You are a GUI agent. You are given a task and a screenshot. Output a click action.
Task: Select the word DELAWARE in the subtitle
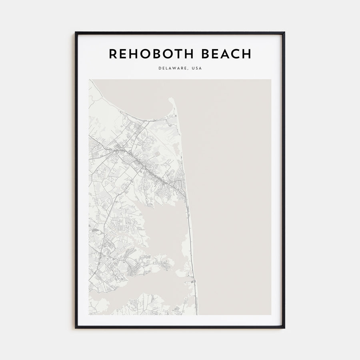[x=173, y=68]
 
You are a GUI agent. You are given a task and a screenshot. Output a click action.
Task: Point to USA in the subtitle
[x=197, y=68]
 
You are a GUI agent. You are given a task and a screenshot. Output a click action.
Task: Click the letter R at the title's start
[x=112, y=54]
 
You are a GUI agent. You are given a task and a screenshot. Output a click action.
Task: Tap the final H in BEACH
[x=247, y=54]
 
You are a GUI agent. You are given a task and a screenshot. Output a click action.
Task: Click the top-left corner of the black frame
[x=75, y=32]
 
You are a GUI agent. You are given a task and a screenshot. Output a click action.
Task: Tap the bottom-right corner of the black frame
[x=284, y=328]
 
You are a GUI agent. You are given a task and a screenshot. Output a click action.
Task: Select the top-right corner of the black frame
[x=284, y=32]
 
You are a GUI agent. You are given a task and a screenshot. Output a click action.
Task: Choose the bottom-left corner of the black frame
[x=75, y=328]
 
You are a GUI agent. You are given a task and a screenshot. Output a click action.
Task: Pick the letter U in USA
[x=193, y=68]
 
